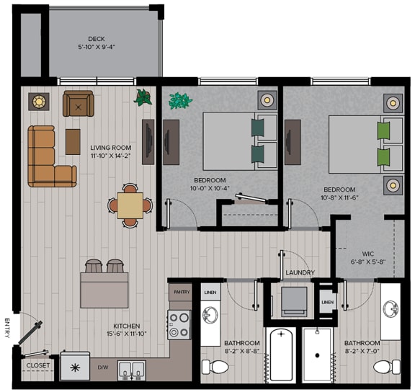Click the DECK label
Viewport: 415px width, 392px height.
click(96, 39)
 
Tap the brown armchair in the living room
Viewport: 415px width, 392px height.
click(78, 104)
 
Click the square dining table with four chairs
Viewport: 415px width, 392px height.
click(130, 205)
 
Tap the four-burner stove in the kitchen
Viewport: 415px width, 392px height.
click(179, 325)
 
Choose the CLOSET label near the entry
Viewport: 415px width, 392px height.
click(37, 365)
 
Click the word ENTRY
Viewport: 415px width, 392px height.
click(7, 329)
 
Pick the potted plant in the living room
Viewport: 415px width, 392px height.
click(144, 97)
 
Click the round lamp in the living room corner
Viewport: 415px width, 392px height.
click(36, 102)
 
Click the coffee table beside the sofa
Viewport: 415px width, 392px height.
click(73, 141)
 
